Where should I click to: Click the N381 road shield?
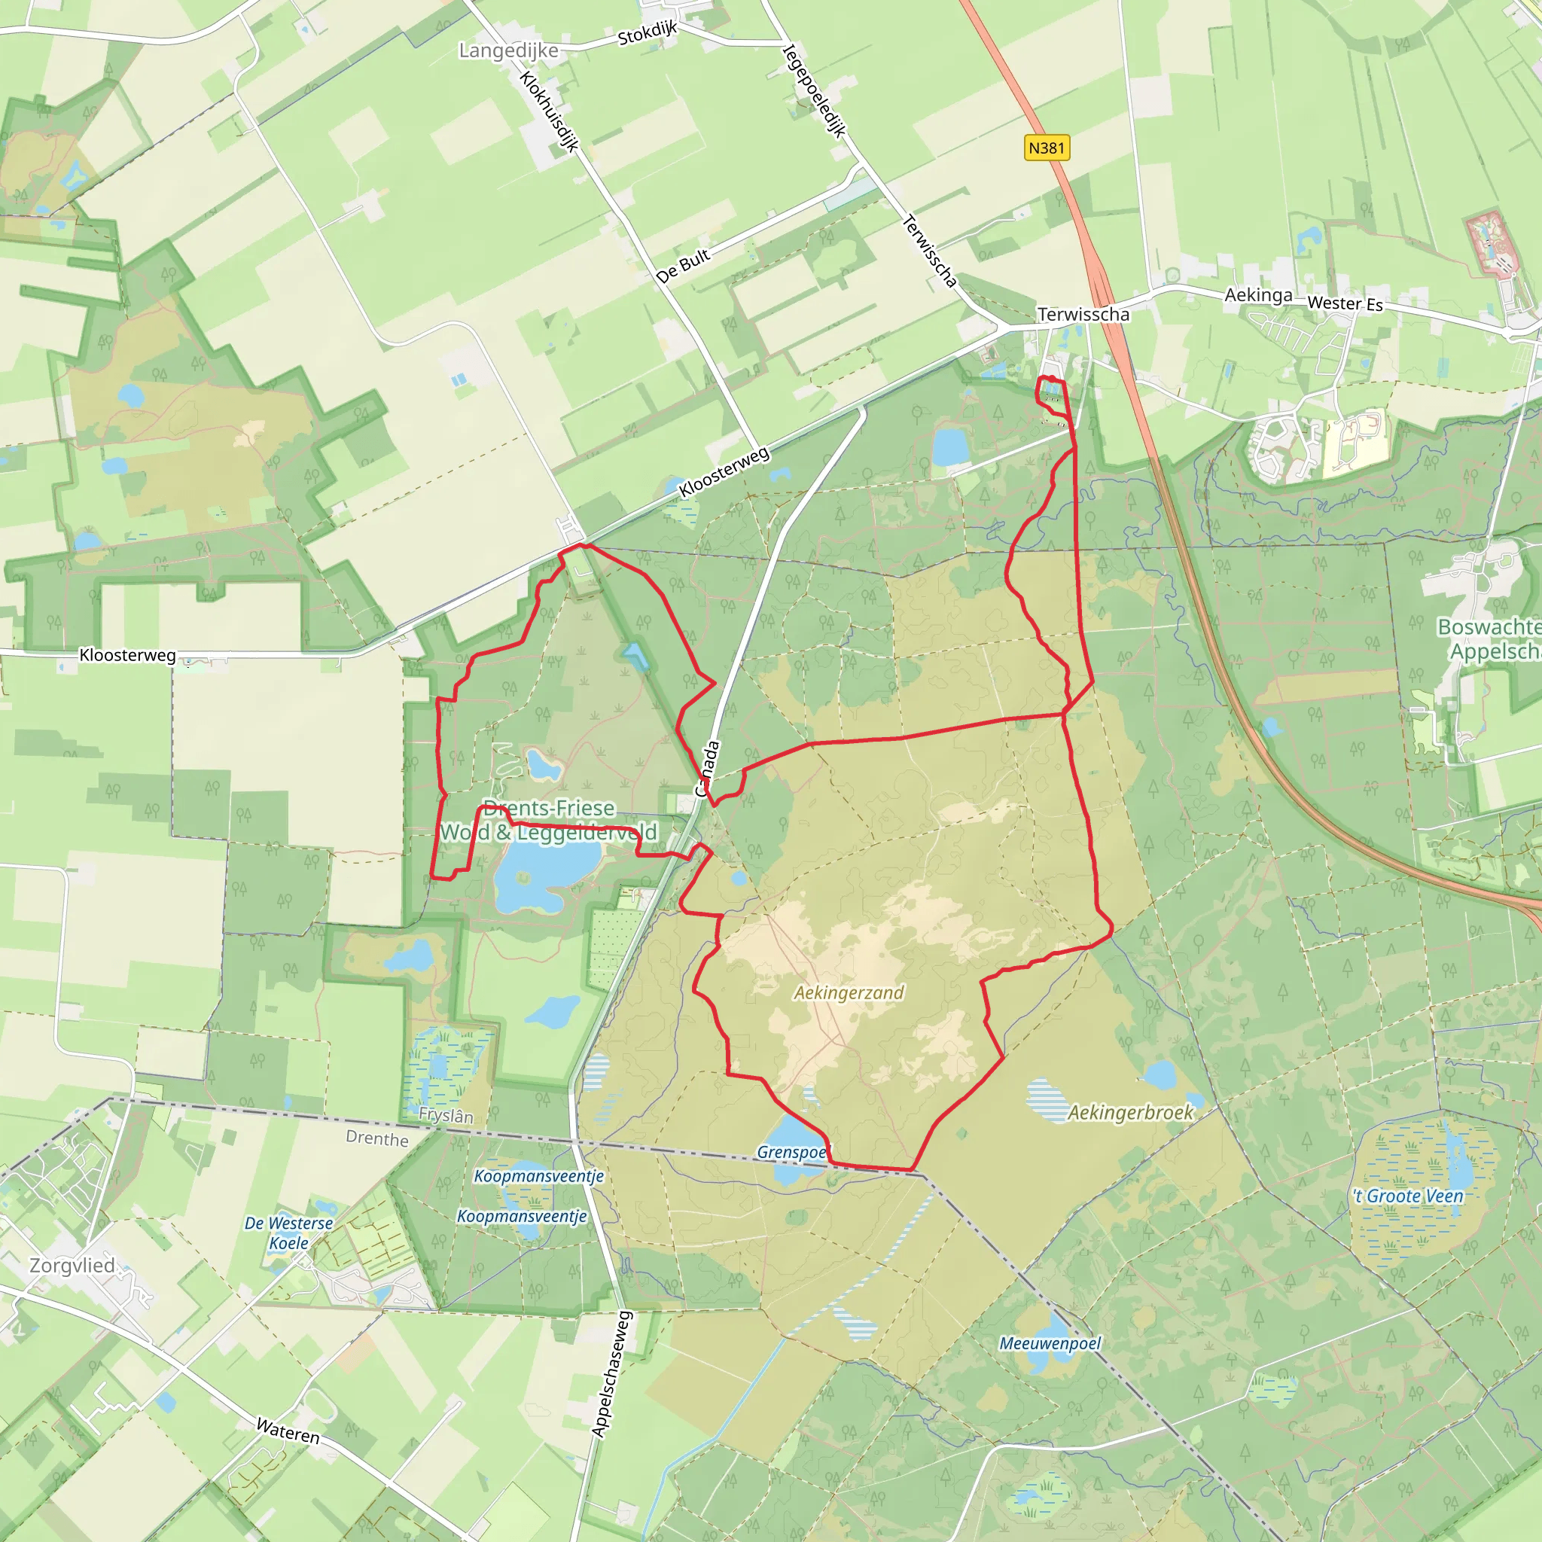(1047, 148)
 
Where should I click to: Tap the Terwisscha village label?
(1083, 315)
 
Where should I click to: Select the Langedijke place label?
(508, 50)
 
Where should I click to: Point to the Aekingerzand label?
(849, 992)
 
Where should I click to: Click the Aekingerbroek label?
(1130, 1112)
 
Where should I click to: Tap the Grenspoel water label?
(793, 1152)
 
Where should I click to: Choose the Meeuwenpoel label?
(1050, 1343)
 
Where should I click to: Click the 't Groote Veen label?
(1408, 1196)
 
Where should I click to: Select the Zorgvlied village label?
(72, 1265)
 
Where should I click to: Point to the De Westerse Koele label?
(288, 1233)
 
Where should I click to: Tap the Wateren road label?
(288, 1431)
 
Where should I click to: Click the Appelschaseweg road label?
(612, 1373)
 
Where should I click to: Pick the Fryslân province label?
(446, 1115)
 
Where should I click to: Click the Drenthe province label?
(376, 1138)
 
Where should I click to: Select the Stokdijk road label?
(648, 32)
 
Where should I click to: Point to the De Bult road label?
(682, 266)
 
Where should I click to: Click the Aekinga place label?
(1259, 295)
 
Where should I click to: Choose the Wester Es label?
(1345, 303)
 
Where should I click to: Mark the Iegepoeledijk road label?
(813, 91)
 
